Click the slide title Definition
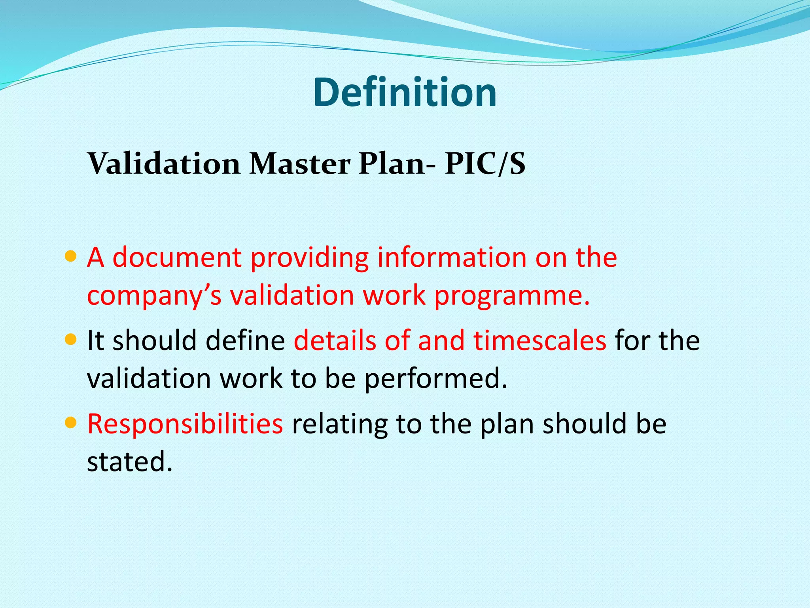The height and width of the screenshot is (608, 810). click(x=405, y=92)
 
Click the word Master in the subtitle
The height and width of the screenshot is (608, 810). click(x=300, y=163)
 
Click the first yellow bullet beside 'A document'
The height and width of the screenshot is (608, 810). click(x=70, y=256)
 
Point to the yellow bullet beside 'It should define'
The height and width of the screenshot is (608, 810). click(x=70, y=339)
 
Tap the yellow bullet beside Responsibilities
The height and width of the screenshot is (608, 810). click(x=70, y=422)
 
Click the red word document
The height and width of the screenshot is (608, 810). click(x=177, y=257)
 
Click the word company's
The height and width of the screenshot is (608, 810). click(x=154, y=296)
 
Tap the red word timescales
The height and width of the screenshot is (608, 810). click(x=540, y=340)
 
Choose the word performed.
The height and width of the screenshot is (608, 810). click(x=435, y=379)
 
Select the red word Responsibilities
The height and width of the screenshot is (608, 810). click(x=185, y=424)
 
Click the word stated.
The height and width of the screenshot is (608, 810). click(x=129, y=462)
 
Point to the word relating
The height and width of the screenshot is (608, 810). click(x=339, y=424)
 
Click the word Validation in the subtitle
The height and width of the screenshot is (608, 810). click(x=164, y=163)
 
